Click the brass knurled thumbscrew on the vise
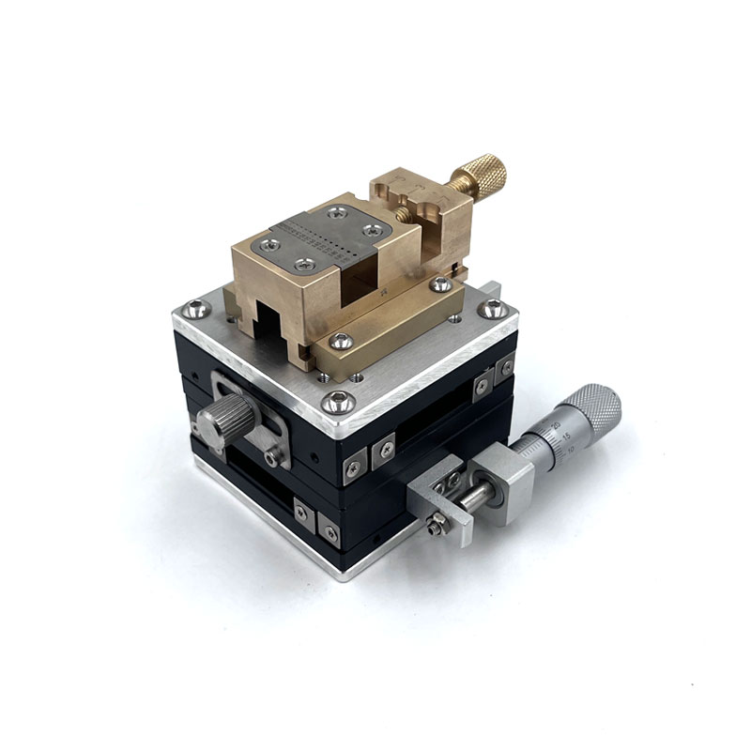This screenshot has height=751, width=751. click(x=481, y=176)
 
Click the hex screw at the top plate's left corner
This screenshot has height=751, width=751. click(x=196, y=308)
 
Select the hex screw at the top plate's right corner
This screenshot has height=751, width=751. click(x=493, y=309)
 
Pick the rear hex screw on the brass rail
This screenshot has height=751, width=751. click(x=440, y=284)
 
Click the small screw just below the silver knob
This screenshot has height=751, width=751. click(x=273, y=457)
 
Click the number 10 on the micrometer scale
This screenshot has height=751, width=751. click(x=572, y=450)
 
